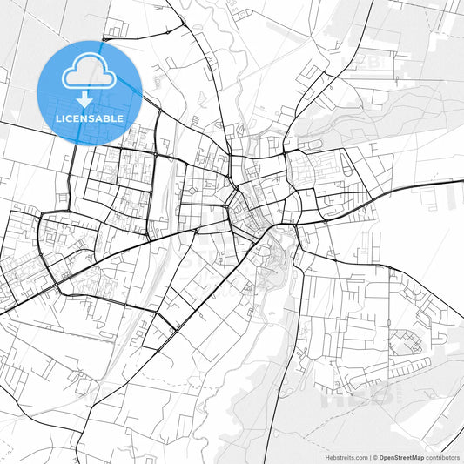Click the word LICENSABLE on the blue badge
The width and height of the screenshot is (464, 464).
click(x=90, y=118)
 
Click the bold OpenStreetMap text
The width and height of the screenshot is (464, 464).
click(x=401, y=456)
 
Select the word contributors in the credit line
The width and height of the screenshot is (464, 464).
click(x=442, y=456)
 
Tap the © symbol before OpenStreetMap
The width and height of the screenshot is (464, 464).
click(x=374, y=456)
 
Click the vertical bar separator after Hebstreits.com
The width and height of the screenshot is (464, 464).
click(x=369, y=456)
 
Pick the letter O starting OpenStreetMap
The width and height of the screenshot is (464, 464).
click(x=381, y=456)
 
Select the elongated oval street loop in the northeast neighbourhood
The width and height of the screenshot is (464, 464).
click(x=312, y=144)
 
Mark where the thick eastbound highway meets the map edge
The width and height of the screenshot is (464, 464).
click(x=461, y=181)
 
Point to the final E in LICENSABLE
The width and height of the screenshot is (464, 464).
click(x=119, y=118)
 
